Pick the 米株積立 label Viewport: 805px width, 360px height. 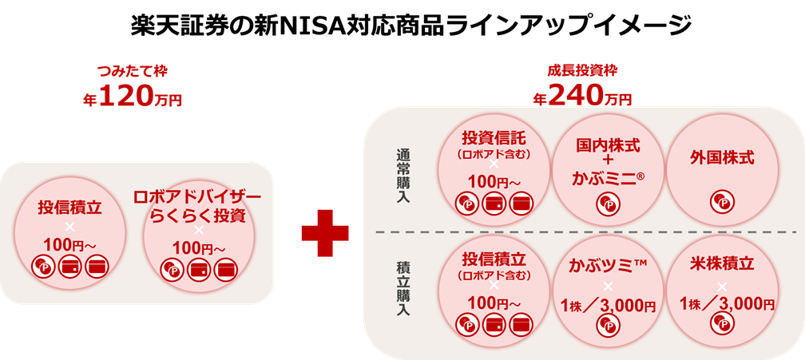(721, 264)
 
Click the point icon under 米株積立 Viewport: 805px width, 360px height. (722, 323)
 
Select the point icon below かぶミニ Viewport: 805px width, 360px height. (608, 205)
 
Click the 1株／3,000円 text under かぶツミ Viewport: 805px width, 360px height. (608, 306)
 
